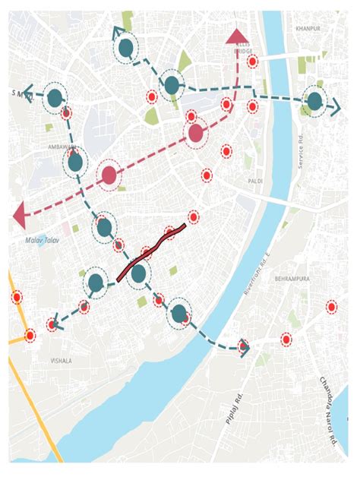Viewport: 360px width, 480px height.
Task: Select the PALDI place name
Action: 255,182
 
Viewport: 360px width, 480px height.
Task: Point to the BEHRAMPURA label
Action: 292,279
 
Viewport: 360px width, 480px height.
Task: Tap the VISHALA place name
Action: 60,361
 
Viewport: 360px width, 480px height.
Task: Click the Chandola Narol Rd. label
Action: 327,410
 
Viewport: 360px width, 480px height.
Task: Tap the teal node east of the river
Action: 314,101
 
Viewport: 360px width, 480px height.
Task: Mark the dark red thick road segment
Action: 152,253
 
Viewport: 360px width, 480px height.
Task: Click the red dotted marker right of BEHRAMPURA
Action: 331,307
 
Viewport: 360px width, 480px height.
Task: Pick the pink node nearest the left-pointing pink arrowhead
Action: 109,175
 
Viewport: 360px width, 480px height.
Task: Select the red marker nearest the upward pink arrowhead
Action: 252,61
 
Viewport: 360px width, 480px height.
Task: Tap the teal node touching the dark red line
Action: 138,273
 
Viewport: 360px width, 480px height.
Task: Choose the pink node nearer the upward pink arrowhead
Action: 196,134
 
